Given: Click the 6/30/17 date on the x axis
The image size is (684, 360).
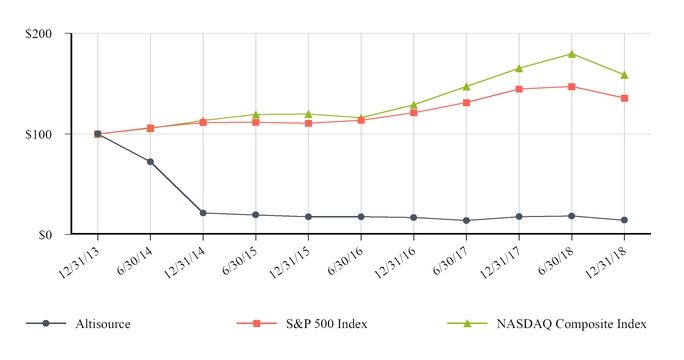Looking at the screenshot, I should [454, 257].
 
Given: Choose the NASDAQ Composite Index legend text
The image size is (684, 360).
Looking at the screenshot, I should [578, 324].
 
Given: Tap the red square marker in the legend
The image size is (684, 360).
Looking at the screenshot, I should [256, 324].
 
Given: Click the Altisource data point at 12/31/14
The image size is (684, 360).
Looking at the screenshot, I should [203, 213].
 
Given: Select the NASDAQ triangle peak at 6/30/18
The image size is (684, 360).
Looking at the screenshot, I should [571, 54].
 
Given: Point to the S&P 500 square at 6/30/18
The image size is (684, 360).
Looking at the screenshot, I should [571, 87].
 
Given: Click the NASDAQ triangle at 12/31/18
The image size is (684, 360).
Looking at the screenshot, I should [624, 75].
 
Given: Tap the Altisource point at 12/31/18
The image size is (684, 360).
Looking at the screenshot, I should [624, 220].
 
